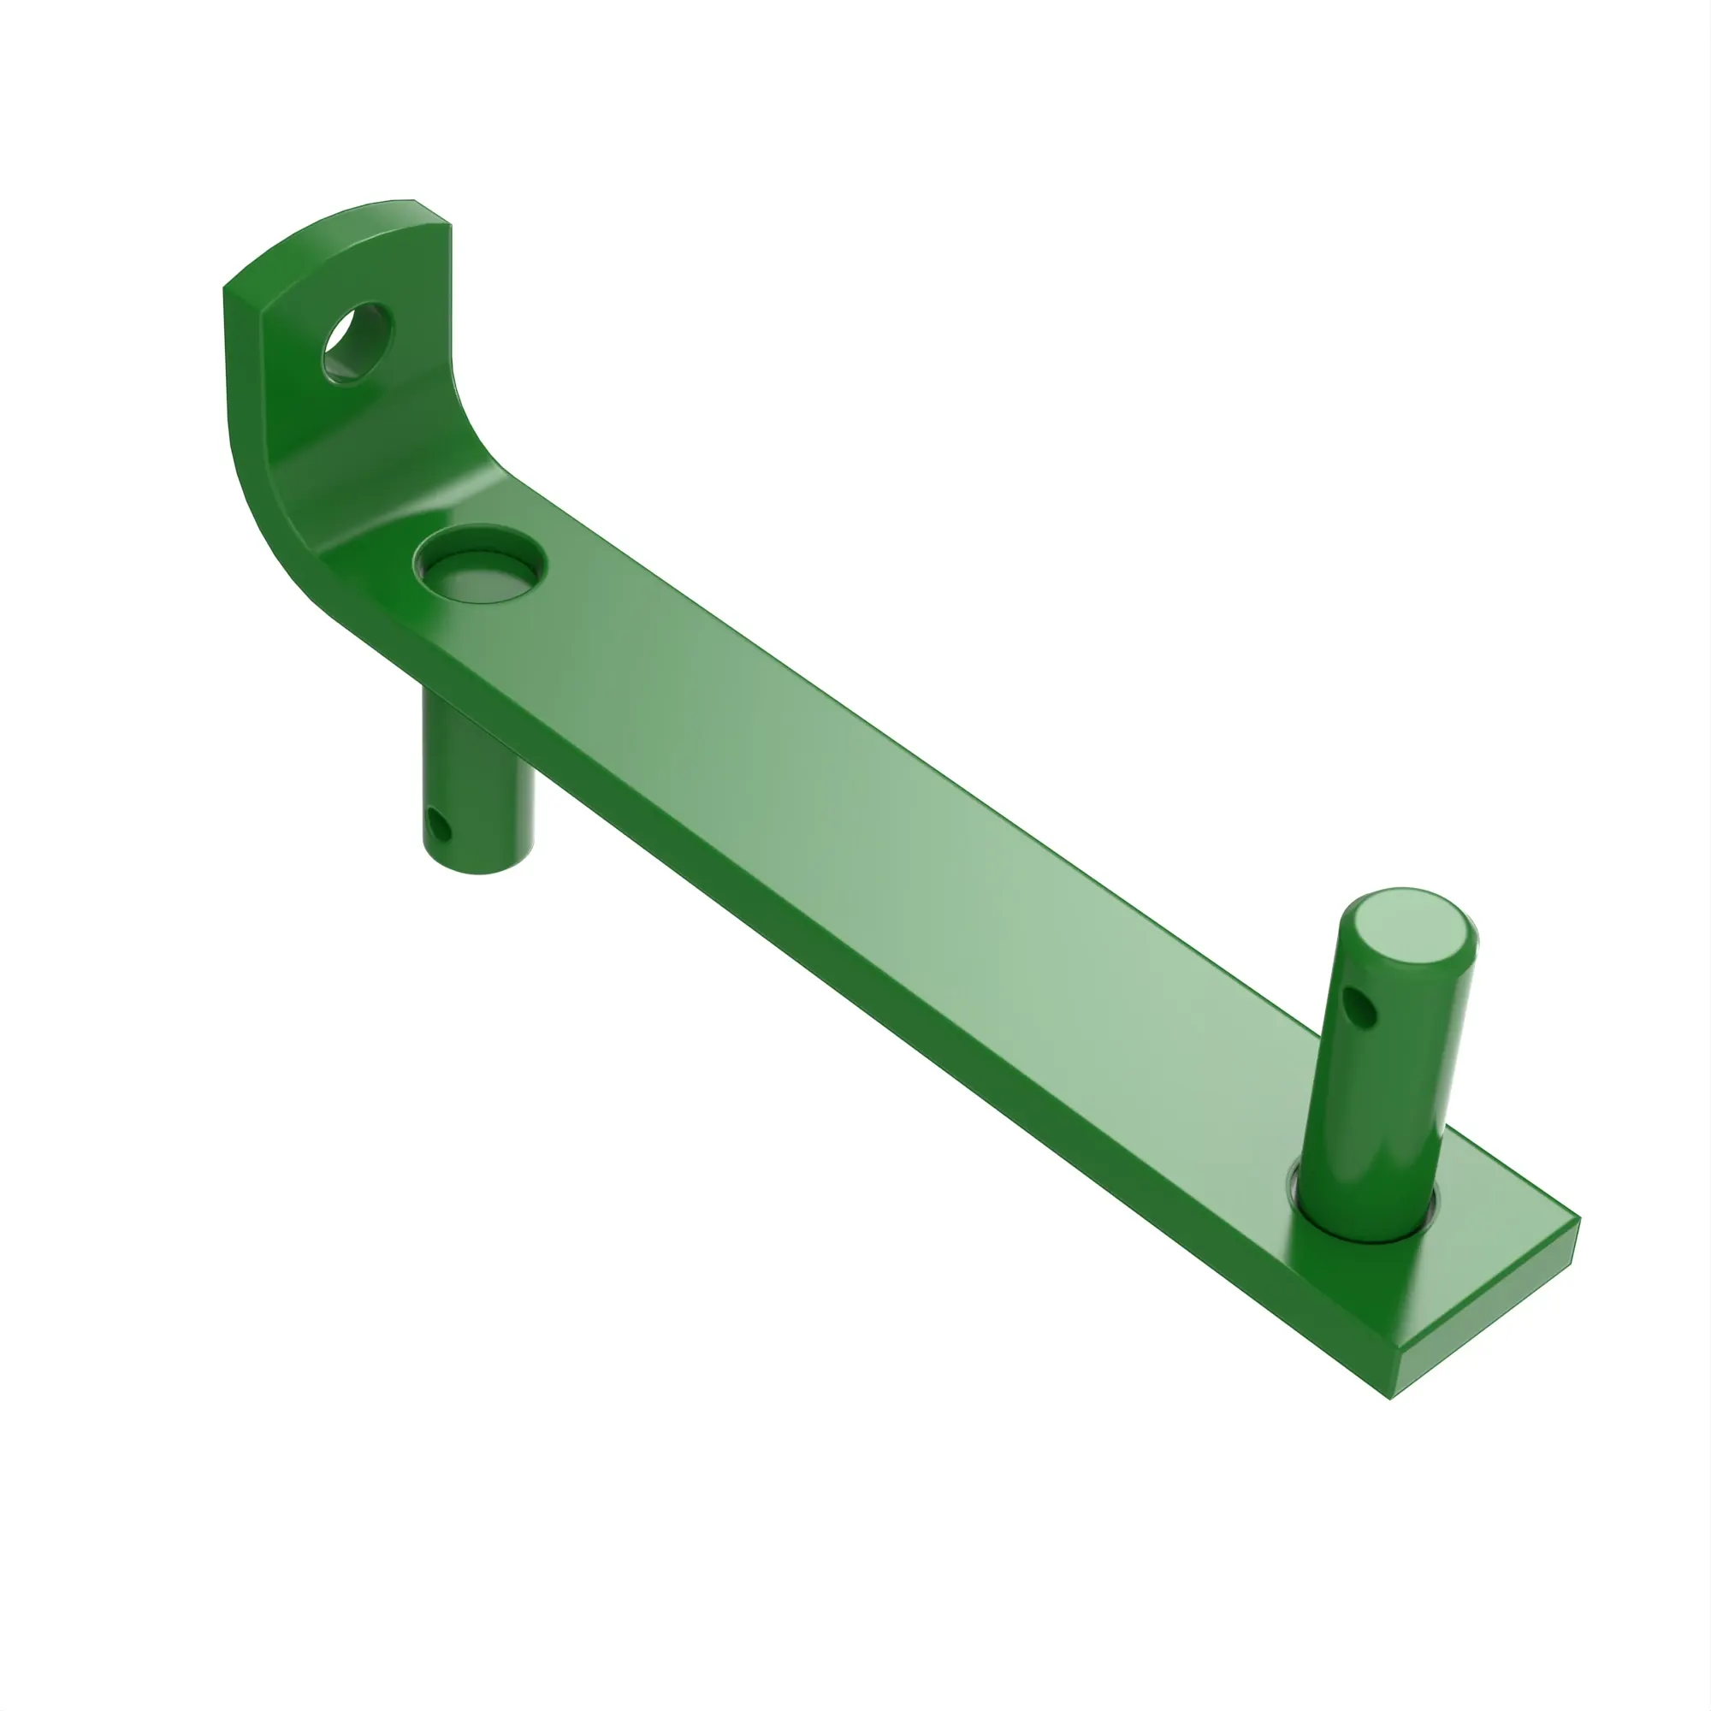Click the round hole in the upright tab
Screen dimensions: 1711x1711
point(356,343)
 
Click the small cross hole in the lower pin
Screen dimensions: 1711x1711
point(437,826)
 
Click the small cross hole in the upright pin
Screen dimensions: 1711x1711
point(1359,1006)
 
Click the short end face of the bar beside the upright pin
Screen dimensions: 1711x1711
point(1488,1319)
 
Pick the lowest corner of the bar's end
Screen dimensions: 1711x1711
point(1389,1398)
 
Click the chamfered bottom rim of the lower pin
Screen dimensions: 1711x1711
point(479,863)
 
